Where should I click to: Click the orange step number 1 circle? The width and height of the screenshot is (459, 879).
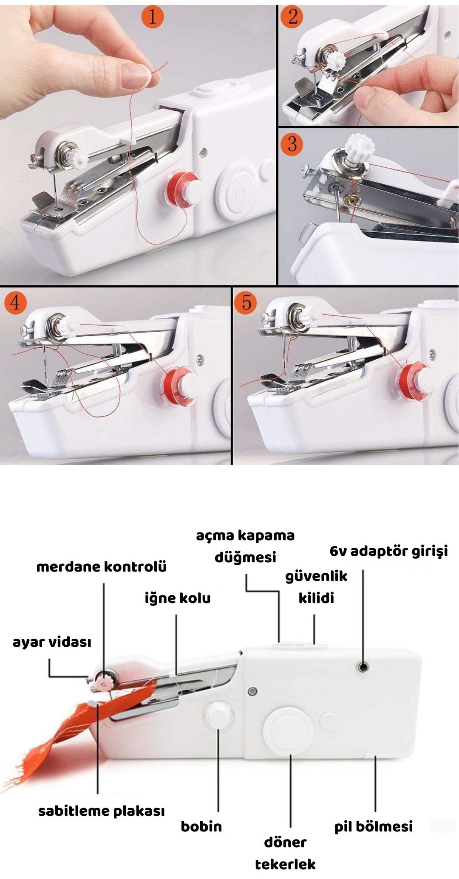(x=152, y=17)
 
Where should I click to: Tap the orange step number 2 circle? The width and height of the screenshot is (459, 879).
(x=292, y=17)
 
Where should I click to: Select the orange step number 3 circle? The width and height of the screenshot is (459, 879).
(x=292, y=144)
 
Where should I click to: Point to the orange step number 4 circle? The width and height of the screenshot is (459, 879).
(x=15, y=303)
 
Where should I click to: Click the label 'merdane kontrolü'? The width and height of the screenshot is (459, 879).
(x=102, y=567)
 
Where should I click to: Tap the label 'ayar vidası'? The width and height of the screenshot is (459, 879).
(x=52, y=642)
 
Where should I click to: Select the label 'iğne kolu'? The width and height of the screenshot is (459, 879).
(x=178, y=598)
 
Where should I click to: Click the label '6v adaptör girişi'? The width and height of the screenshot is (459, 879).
(x=389, y=552)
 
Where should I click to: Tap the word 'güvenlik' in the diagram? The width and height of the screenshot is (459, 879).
(x=316, y=577)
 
